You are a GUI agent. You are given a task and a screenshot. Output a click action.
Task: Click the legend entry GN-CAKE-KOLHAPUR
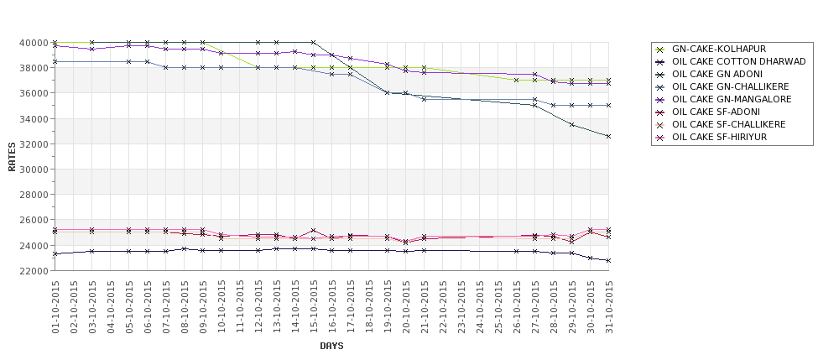click(x=718, y=49)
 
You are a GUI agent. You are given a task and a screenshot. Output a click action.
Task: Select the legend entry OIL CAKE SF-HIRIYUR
click(x=719, y=137)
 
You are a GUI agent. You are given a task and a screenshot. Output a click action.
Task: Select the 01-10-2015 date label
click(x=55, y=307)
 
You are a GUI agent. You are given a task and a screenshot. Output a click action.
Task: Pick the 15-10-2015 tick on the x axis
click(x=314, y=307)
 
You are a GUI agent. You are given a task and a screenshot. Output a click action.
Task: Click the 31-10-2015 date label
click(x=609, y=307)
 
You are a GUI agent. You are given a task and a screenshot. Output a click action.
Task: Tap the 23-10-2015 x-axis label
click(x=461, y=307)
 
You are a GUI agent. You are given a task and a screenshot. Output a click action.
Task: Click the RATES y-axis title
click(x=12, y=157)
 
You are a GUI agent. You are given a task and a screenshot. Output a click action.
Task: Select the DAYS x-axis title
click(x=331, y=346)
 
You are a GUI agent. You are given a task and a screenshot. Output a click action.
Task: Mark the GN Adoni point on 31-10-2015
click(x=609, y=136)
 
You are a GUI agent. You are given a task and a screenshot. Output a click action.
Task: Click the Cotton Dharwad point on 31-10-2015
click(x=609, y=260)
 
